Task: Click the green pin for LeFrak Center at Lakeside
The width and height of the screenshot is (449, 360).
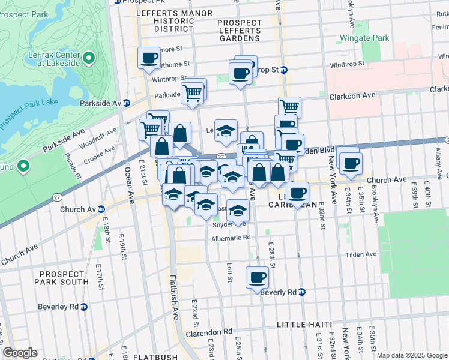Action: point(89,58)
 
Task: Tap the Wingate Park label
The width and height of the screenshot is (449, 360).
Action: point(364,38)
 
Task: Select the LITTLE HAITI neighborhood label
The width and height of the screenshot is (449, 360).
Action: point(303,325)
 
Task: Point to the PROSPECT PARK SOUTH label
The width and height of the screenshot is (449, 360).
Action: point(62,278)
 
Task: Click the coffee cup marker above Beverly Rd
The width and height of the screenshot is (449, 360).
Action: point(258,277)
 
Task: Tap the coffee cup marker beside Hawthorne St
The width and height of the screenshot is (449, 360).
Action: point(149,58)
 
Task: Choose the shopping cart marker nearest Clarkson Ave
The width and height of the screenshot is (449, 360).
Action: point(289,107)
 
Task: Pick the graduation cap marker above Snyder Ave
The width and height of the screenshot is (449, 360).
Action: point(238,210)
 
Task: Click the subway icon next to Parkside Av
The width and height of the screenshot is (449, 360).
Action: point(127,103)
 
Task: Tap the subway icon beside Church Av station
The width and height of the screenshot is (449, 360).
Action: point(101,209)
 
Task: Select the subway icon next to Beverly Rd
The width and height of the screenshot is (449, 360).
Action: point(302,292)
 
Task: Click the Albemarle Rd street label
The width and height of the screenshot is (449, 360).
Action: point(230,238)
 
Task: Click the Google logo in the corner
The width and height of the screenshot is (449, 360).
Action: point(20,352)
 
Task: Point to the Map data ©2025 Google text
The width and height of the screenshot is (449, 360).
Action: point(412,355)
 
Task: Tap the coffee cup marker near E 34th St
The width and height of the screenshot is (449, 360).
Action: point(351,162)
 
